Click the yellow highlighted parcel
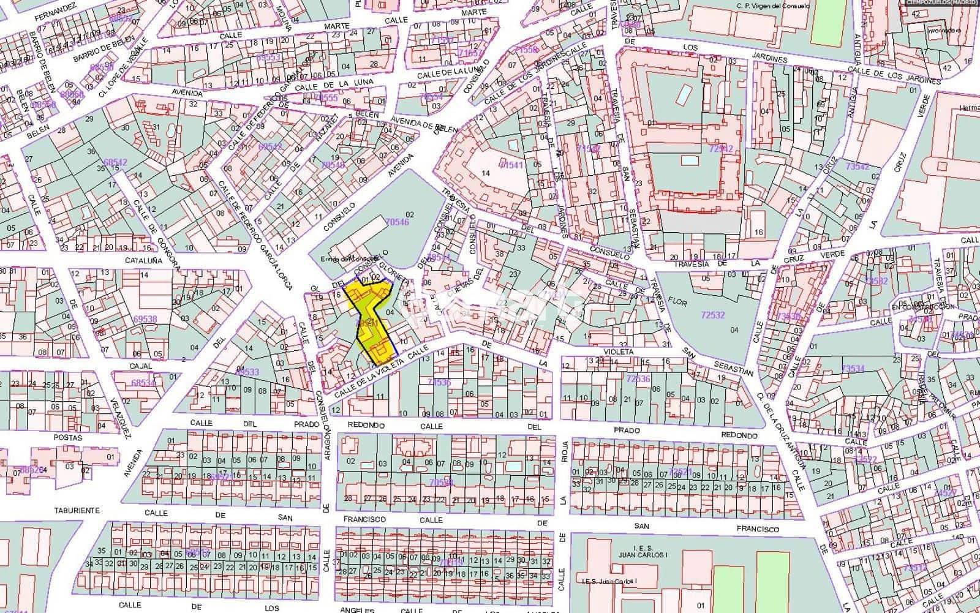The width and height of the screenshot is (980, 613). coord(371,318)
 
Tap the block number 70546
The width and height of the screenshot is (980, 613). coord(398,223)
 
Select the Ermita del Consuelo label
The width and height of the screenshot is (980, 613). coord(345,258)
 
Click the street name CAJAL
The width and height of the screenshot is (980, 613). coord(140,366)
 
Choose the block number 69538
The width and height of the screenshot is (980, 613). coord(145,319)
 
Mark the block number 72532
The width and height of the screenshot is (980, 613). coord(712,315)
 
